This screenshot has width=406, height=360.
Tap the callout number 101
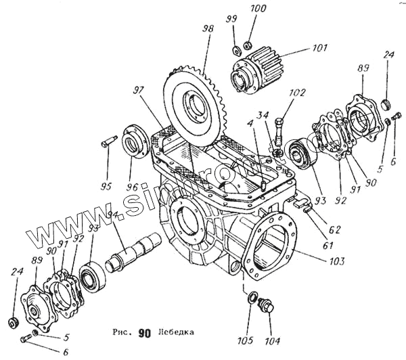tap(299, 49)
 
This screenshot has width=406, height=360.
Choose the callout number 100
tap(258, 9)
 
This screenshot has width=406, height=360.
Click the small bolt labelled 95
tap(109, 144)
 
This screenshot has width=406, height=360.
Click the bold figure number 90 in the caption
tap(143, 333)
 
